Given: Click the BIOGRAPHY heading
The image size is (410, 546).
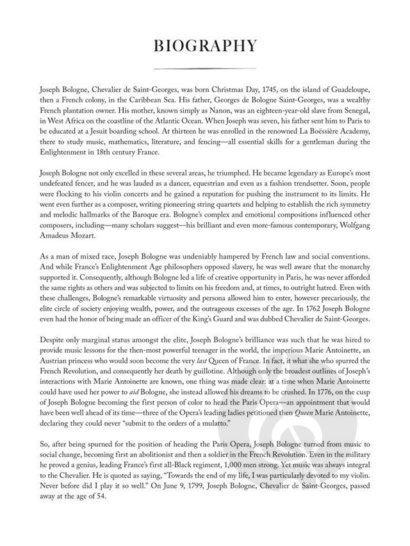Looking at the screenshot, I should tap(205, 46).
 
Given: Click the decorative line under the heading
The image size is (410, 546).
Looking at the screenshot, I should tap(205, 68).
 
